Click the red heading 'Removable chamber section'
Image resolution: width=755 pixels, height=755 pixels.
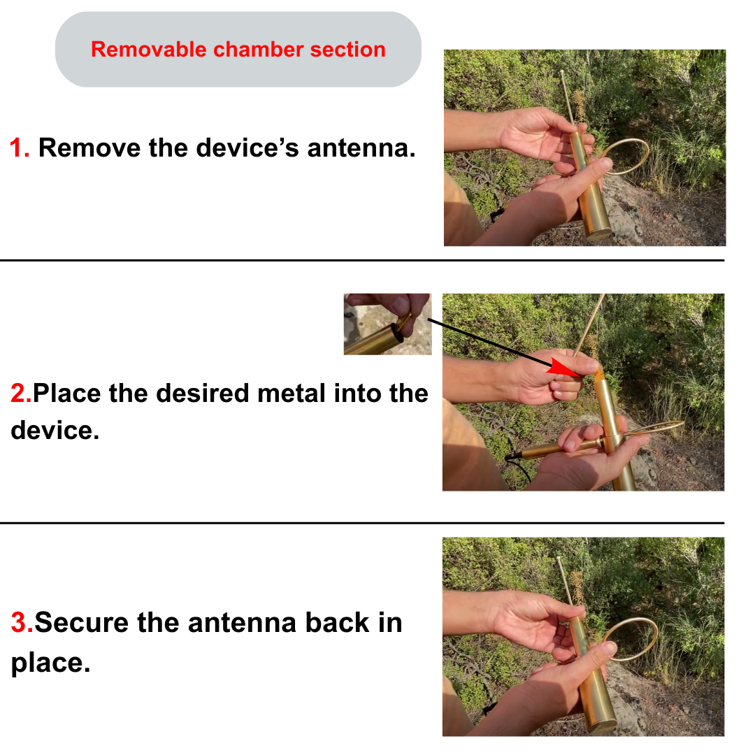[238, 50]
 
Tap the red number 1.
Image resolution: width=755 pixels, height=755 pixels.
[20, 148]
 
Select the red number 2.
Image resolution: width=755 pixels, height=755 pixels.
[21, 393]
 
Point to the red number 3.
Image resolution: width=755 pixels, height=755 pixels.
[22, 622]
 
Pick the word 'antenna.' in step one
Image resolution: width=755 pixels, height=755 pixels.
[361, 148]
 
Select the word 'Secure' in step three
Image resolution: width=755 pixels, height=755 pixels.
[82, 622]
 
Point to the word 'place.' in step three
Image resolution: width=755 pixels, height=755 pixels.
[50, 663]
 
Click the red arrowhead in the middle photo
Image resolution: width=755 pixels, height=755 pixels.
[563, 367]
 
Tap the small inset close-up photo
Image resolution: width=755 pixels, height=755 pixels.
[387, 324]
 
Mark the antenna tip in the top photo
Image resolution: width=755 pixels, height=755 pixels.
[562, 72]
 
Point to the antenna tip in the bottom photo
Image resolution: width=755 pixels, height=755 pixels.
[559, 559]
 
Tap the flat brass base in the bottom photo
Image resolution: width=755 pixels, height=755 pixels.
[603, 726]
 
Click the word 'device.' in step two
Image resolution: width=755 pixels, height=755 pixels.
[55, 430]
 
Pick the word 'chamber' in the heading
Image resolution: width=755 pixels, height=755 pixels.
[258, 50]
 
